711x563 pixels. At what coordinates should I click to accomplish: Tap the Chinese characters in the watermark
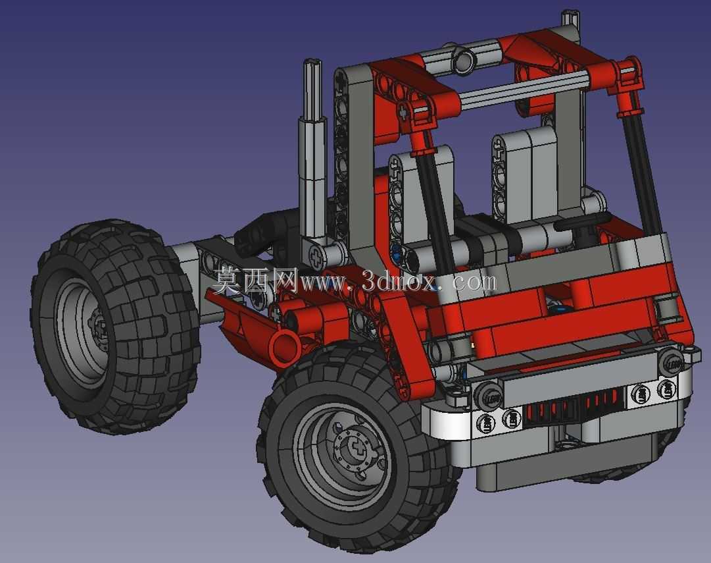point(255,280)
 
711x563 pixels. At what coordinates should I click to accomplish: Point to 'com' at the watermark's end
point(474,282)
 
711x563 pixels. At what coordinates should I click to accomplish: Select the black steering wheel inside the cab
point(584,223)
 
